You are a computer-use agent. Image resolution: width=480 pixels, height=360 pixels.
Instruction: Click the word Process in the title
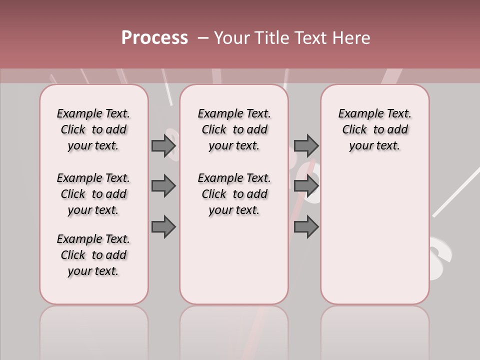point(154,38)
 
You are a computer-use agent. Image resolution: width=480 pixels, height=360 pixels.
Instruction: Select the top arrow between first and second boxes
point(163,145)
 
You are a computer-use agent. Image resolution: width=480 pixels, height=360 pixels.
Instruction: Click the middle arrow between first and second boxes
point(163,186)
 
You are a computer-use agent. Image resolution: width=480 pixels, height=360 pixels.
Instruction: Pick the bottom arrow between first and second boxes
point(163,226)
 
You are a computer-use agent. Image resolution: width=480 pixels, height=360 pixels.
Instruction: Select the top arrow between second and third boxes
point(306,145)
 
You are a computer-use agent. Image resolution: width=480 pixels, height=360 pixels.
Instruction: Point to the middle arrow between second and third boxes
point(306,186)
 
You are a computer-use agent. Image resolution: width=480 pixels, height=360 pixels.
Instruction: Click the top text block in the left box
point(93,129)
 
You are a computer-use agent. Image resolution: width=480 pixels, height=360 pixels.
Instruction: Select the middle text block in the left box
point(93,194)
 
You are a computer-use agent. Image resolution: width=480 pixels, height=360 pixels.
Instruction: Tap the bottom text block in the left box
point(93,255)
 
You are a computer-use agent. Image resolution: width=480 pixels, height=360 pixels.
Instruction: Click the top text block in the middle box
point(234,129)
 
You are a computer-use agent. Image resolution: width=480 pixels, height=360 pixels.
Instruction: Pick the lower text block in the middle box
point(234,194)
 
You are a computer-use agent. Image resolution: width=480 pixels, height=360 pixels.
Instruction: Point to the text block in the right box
point(375,129)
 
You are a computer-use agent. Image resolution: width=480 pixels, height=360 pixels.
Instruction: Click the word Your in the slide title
point(232,38)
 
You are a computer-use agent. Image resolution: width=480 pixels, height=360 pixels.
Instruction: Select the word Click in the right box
point(354,130)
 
